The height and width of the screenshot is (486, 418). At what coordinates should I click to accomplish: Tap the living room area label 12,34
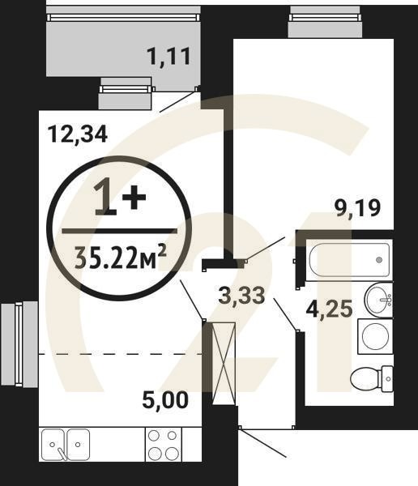tap(78, 134)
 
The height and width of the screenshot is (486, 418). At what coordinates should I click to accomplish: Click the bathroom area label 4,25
tap(332, 308)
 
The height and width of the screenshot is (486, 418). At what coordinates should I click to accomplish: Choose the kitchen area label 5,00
tap(165, 399)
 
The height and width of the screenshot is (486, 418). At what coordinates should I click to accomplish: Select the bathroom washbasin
tap(377, 300)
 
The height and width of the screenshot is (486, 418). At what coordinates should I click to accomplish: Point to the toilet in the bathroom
tap(373, 377)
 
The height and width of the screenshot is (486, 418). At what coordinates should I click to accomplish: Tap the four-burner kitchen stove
tap(163, 445)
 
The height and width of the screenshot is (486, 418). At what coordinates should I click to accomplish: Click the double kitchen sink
tap(67, 445)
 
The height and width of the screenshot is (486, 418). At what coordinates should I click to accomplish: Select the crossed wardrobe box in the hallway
tap(222, 362)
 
